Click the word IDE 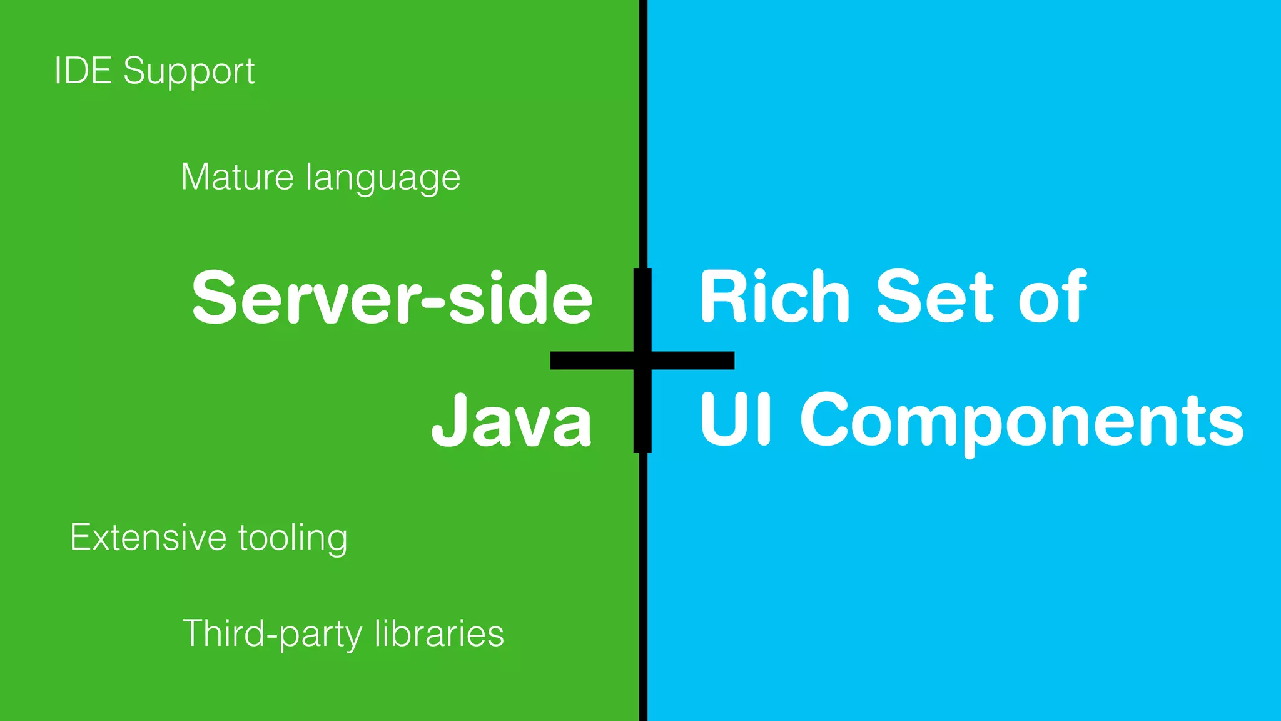[x=83, y=70]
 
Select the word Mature [x=236, y=176]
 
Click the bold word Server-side [x=392, y=297]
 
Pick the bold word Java [x=512, y=419]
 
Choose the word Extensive [x=148, y=537]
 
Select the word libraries [x=439, y=633]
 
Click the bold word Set [x=934, y=297]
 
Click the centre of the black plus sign [x=642, y=360]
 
